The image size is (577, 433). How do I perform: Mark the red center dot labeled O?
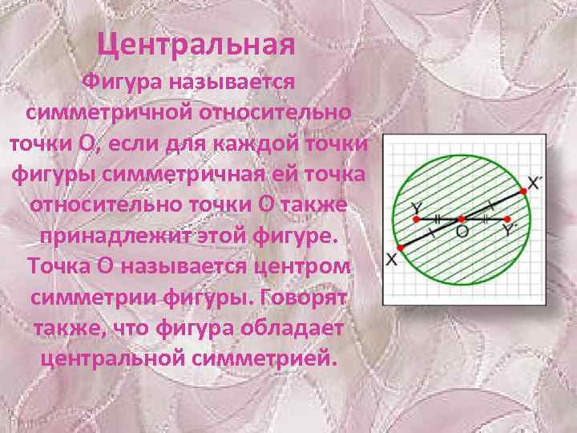click(x=462, y=217)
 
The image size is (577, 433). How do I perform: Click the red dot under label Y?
click(x=416, y=217)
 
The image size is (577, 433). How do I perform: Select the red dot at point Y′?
click(x=509, y=217)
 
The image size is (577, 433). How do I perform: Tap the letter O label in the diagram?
click(x=462, y=230)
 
